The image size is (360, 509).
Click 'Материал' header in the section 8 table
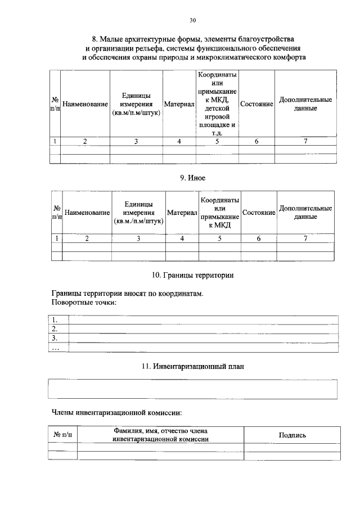[x=179, y=105]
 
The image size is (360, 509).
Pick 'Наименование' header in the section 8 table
[x=85, y=105]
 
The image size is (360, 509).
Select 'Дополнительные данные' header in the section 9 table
[x=305, y=213]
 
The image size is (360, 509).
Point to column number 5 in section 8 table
[x=217, y=142]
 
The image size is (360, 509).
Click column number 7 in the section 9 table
[x=305, y=238]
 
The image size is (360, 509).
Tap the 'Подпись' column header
[x=292, y=435]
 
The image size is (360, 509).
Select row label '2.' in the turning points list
[x=55, y=329]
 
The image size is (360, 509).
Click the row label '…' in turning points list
[x=55, y=348]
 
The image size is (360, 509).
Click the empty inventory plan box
[x=193, y=389]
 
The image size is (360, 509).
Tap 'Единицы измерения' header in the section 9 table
[x=138, y=213]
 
